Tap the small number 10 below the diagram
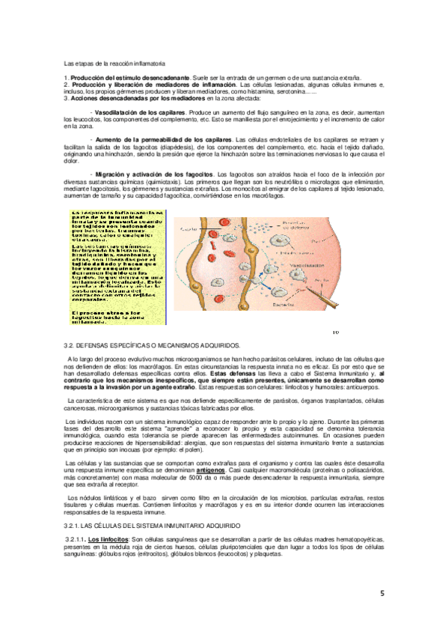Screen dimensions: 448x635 click(x=335, y=332)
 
